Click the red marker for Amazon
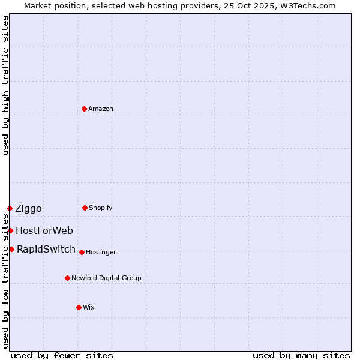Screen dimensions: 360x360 click(84, 109)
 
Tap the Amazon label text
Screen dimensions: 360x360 click(101, 109)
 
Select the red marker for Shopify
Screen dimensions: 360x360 click(85, 208)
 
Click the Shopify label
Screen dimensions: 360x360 click(101, 208)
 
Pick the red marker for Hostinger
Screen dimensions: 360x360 click(82, 252)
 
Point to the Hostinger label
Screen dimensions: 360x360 click(101, 253)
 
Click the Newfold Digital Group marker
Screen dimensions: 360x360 click(67, 278)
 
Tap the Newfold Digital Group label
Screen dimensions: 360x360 click(106, 278)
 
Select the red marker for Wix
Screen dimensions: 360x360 click(79, 307)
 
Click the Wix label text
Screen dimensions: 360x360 click(89, 308)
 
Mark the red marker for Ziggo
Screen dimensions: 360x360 click(10, 208)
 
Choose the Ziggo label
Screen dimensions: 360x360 click(29, 209)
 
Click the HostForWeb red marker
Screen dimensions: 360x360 click(10, 230)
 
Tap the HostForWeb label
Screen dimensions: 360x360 click(44, 231)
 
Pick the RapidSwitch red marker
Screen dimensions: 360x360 click(11, 249)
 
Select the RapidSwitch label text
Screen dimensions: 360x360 click(46, 250)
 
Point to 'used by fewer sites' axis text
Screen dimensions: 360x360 click(62, 356)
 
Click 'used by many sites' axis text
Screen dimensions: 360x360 click(301, 356)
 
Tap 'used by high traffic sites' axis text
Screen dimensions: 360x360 click(5, 85)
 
